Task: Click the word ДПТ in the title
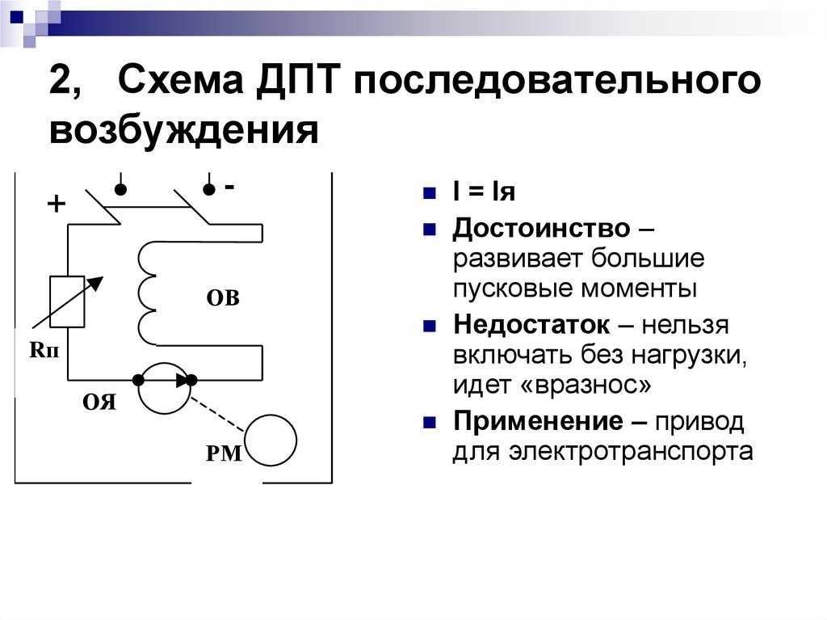296,80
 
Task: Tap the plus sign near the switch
57,204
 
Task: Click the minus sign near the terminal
229,187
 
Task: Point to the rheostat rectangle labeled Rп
67,302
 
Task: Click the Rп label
44,349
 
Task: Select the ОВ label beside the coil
223,297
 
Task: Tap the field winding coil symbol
147,293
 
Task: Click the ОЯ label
99,403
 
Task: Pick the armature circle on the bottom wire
164,363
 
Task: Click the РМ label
224,453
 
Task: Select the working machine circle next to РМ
270,415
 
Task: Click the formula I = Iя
484,192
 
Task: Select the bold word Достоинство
541,229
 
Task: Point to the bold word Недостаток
531,324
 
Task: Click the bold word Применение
537,421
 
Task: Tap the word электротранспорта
631,452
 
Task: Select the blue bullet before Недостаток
430,326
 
